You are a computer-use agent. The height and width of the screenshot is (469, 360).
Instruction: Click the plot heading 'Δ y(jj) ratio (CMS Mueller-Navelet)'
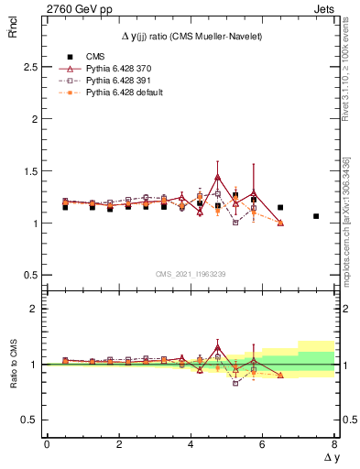click(190, 35)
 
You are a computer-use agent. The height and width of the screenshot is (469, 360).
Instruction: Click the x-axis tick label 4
click(191, 442)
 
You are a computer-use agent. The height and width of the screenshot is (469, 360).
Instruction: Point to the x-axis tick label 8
click(334, 442)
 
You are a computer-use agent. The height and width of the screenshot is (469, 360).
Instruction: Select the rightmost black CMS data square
click(316, 216)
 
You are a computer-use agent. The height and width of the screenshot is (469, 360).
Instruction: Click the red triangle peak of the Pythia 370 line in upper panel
click(217, 177)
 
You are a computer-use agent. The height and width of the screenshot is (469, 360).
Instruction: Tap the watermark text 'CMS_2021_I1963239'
click(190, 274)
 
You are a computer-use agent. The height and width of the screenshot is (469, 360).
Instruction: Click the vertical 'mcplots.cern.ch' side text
click(348, 238)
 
